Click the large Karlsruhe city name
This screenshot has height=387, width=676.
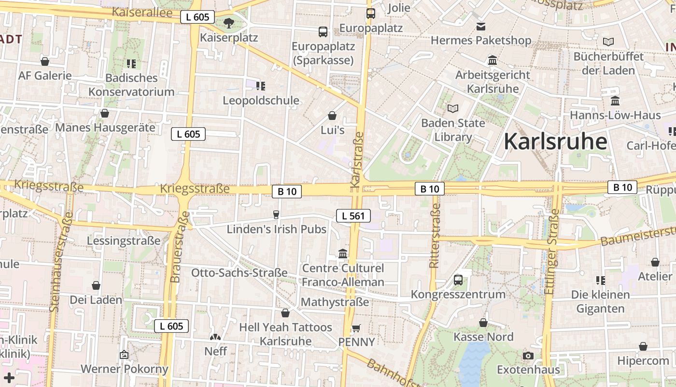555,142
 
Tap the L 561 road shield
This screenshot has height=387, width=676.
353,216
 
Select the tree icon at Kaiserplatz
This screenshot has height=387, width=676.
229,23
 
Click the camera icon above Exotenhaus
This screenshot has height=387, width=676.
528,356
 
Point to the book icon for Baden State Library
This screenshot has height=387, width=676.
453,108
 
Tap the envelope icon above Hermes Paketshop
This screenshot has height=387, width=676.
481,26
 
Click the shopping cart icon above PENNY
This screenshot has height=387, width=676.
356,328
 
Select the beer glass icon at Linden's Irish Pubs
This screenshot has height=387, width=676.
276,214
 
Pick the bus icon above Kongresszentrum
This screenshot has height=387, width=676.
458,280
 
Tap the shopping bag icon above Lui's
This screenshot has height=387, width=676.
332,116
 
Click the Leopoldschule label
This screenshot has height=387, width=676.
261,101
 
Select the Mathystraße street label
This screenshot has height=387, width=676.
335,302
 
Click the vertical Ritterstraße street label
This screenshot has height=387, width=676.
435,236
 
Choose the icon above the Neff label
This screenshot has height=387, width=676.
215,337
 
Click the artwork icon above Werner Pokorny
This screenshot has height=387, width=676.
124,355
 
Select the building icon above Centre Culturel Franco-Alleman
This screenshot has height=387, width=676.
343,253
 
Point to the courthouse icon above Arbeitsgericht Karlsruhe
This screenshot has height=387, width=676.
493,60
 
